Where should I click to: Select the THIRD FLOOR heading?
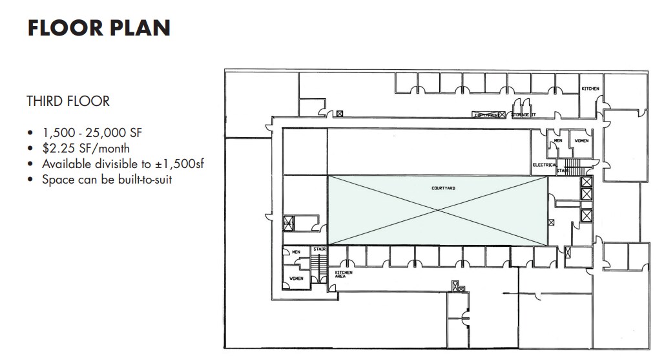[x=68, y=101]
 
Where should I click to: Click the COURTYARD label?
[x=443, y=188]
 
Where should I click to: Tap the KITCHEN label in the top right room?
[x=590, y=89]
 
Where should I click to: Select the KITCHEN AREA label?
[x=343, y=275]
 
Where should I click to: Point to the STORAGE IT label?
[x=524, y=116]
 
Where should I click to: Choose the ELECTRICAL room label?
[x=545, y=165]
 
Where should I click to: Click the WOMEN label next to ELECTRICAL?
[x=581, y=140]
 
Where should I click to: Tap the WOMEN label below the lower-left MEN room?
[x=296, y=279]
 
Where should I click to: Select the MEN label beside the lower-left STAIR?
[x=296, y=252]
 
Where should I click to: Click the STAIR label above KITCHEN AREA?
[x=318, y=249]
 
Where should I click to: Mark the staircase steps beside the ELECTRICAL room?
[x=568, y=164]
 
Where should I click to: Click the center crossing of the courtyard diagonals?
[x=438, y=210]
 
